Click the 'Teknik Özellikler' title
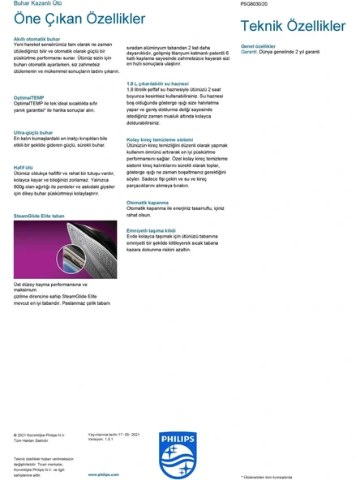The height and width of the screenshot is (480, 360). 293,27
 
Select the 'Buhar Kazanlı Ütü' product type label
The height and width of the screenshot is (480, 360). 31,4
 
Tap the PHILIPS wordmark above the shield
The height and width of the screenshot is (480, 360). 178,436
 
